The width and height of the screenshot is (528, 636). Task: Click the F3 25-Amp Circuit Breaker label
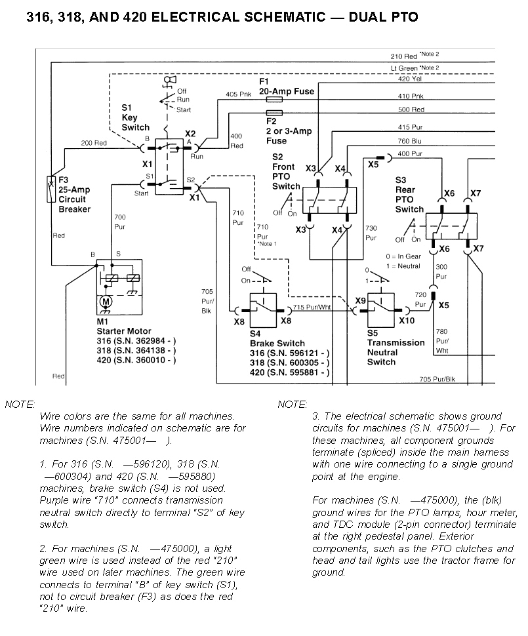[74, 195]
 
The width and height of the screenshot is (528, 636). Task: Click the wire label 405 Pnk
[238, 94]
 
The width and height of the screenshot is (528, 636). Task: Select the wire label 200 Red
[94, 143]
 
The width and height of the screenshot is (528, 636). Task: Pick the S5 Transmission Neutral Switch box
[382, 306]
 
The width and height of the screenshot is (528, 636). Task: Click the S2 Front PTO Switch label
[286, 172]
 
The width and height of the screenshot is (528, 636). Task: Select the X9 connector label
[360, 300]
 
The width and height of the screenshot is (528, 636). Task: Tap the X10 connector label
[407, 321]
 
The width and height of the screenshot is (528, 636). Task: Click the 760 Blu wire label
[410, 141]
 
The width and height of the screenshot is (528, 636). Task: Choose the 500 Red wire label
[411, 109]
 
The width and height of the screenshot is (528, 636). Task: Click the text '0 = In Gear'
[405, 256]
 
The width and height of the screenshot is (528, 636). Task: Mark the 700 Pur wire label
[120, 221]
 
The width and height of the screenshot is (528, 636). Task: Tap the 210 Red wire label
[404, 56]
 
